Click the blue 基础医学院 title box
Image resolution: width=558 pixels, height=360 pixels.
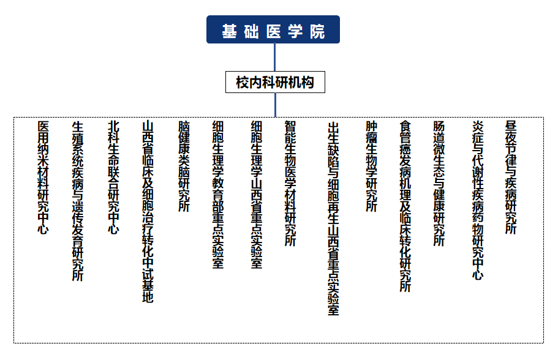click(273, 29)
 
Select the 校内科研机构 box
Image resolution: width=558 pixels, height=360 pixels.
click(275, 82)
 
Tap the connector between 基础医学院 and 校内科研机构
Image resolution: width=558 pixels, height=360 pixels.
click(275, 58)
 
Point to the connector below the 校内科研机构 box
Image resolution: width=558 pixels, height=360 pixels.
click(275, 105)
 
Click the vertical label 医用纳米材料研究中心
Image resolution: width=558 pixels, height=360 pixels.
click(43, 177)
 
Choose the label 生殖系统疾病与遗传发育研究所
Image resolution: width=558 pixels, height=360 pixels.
click(78, 201)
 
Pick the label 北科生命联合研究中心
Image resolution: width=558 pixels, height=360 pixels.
click(113, 177)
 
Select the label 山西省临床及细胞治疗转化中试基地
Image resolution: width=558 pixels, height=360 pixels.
click(148, 212)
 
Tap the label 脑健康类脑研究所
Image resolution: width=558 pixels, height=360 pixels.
click(184, 166)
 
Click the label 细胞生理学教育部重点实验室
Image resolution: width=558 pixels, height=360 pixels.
click(218, 195)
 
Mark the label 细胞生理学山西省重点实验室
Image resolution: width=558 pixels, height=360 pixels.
click(256, 195)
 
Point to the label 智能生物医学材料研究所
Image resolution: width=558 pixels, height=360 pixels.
click(290, 183)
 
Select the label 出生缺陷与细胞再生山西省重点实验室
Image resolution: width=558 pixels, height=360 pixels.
click(333, 219)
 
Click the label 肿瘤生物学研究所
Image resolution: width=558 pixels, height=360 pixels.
click(372, 166)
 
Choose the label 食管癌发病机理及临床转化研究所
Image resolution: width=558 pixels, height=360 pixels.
click(405, 206)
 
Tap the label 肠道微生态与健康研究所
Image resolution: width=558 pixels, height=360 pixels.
click(439, 183)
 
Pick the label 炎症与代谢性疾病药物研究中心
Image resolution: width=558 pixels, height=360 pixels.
click(478, 200)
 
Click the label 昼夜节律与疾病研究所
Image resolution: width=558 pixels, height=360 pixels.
click(511, 177)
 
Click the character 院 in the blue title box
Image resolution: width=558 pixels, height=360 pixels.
click(317, 32)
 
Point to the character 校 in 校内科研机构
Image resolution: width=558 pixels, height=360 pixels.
click(243, 83)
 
